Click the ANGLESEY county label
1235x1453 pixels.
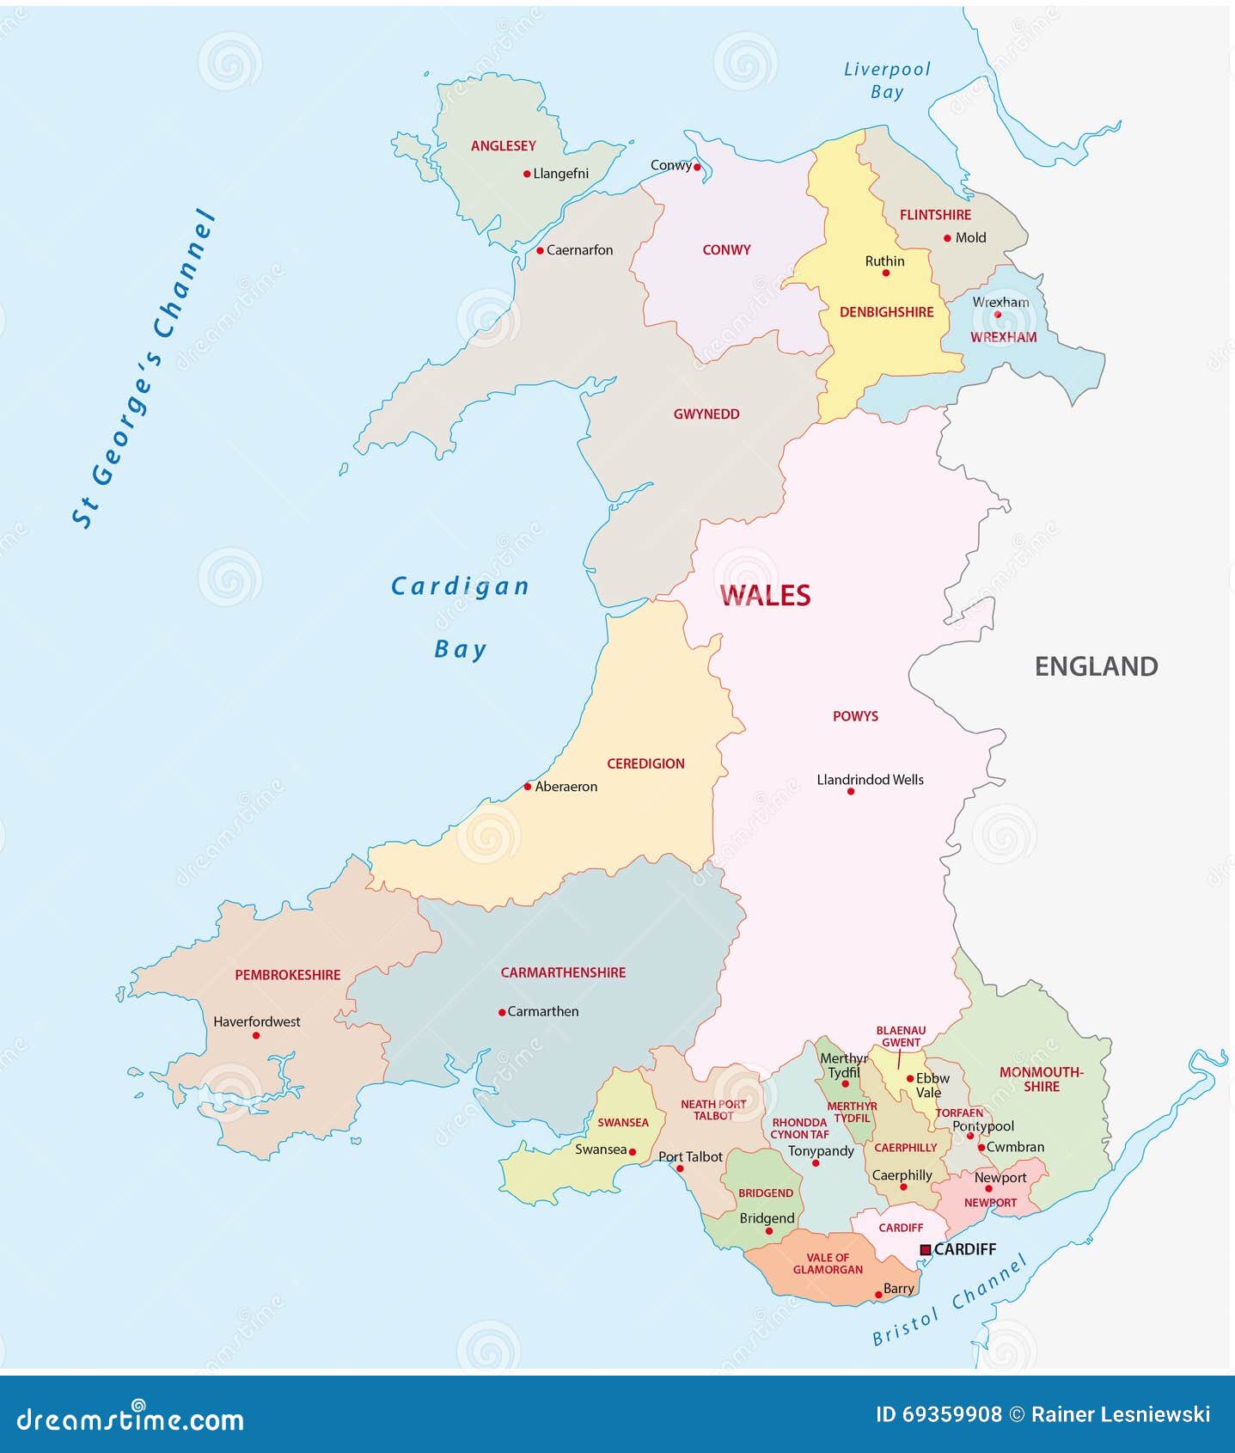(503, 146)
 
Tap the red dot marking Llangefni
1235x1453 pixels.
(527, 174)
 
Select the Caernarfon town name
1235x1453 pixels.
(579, 250)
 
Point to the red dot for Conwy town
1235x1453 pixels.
(697, 168)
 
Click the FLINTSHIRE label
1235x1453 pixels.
(935, 215)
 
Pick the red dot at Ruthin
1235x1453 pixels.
(886, 273)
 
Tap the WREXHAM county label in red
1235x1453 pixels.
(1003, 337)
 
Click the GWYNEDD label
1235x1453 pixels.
(706, 414)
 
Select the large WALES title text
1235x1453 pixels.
(765, 595)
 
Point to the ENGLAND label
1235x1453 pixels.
(1096, 666)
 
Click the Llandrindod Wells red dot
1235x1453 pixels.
(851, 791)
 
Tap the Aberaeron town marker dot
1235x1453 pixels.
(528, 787)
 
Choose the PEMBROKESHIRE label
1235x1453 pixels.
(288, 975)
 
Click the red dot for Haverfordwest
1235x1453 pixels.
(256, 1035)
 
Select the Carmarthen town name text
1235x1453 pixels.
(542, 1012)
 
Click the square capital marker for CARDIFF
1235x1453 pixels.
(925, 1249)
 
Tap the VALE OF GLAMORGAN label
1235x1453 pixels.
(828, 1264)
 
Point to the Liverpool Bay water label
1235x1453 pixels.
(887, 80)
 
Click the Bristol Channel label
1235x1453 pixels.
(950, 1301)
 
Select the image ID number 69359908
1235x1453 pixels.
(951, 1414)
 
